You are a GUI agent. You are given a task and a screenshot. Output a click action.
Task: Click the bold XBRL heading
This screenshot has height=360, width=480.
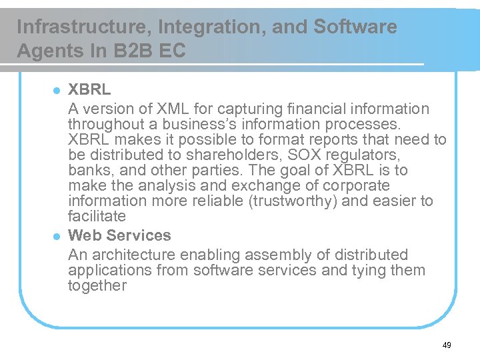[90, 89]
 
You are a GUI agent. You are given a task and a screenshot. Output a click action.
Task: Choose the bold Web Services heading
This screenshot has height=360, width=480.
[119, 235]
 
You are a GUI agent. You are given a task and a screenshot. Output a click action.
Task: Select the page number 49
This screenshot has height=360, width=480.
[447, 345]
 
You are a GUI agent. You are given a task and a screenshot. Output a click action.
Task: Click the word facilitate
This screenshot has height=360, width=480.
[97, 216]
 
